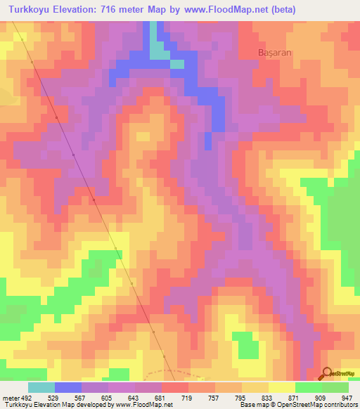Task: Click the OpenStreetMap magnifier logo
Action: [327, 372]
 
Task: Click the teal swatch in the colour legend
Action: [41, 387]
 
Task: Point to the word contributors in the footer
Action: [340, 405]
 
